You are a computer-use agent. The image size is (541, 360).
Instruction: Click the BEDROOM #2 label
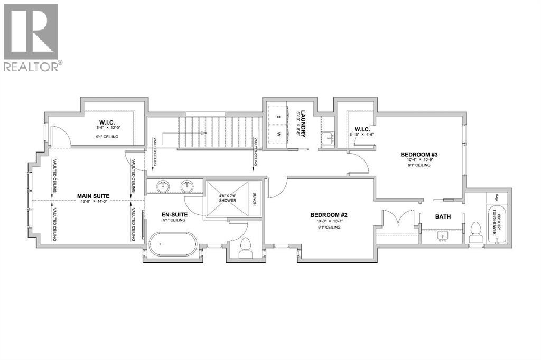(328, 215)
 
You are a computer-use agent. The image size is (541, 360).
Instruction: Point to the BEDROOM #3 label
(419, 155)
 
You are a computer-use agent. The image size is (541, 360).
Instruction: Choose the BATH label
(443, 217)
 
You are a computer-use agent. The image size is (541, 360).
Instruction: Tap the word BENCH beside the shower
(254, 198)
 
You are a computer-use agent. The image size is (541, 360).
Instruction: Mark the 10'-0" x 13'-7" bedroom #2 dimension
(328, 221)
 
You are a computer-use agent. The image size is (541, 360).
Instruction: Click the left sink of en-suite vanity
(162, 186)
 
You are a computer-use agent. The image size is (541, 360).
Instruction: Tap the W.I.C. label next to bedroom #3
(362, 129)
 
